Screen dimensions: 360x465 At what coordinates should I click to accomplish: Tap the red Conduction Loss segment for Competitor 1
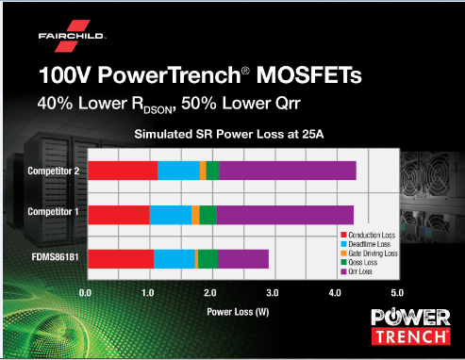tap(118, 214)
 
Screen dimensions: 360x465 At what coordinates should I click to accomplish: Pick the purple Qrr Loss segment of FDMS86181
tap(242, 258)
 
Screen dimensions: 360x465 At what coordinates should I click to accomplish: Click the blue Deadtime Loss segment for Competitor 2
tap(178, 170)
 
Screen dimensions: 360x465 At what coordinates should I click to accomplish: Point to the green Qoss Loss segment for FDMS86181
tap(208, 258)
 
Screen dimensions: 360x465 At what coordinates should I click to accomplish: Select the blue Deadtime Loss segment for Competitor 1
tap(170, 214)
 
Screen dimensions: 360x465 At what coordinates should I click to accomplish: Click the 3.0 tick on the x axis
tap(274, 293)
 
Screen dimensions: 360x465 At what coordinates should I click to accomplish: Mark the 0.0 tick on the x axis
tap(87, 293)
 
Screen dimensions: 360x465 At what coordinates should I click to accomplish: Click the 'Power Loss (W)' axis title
tap(235, 307)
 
